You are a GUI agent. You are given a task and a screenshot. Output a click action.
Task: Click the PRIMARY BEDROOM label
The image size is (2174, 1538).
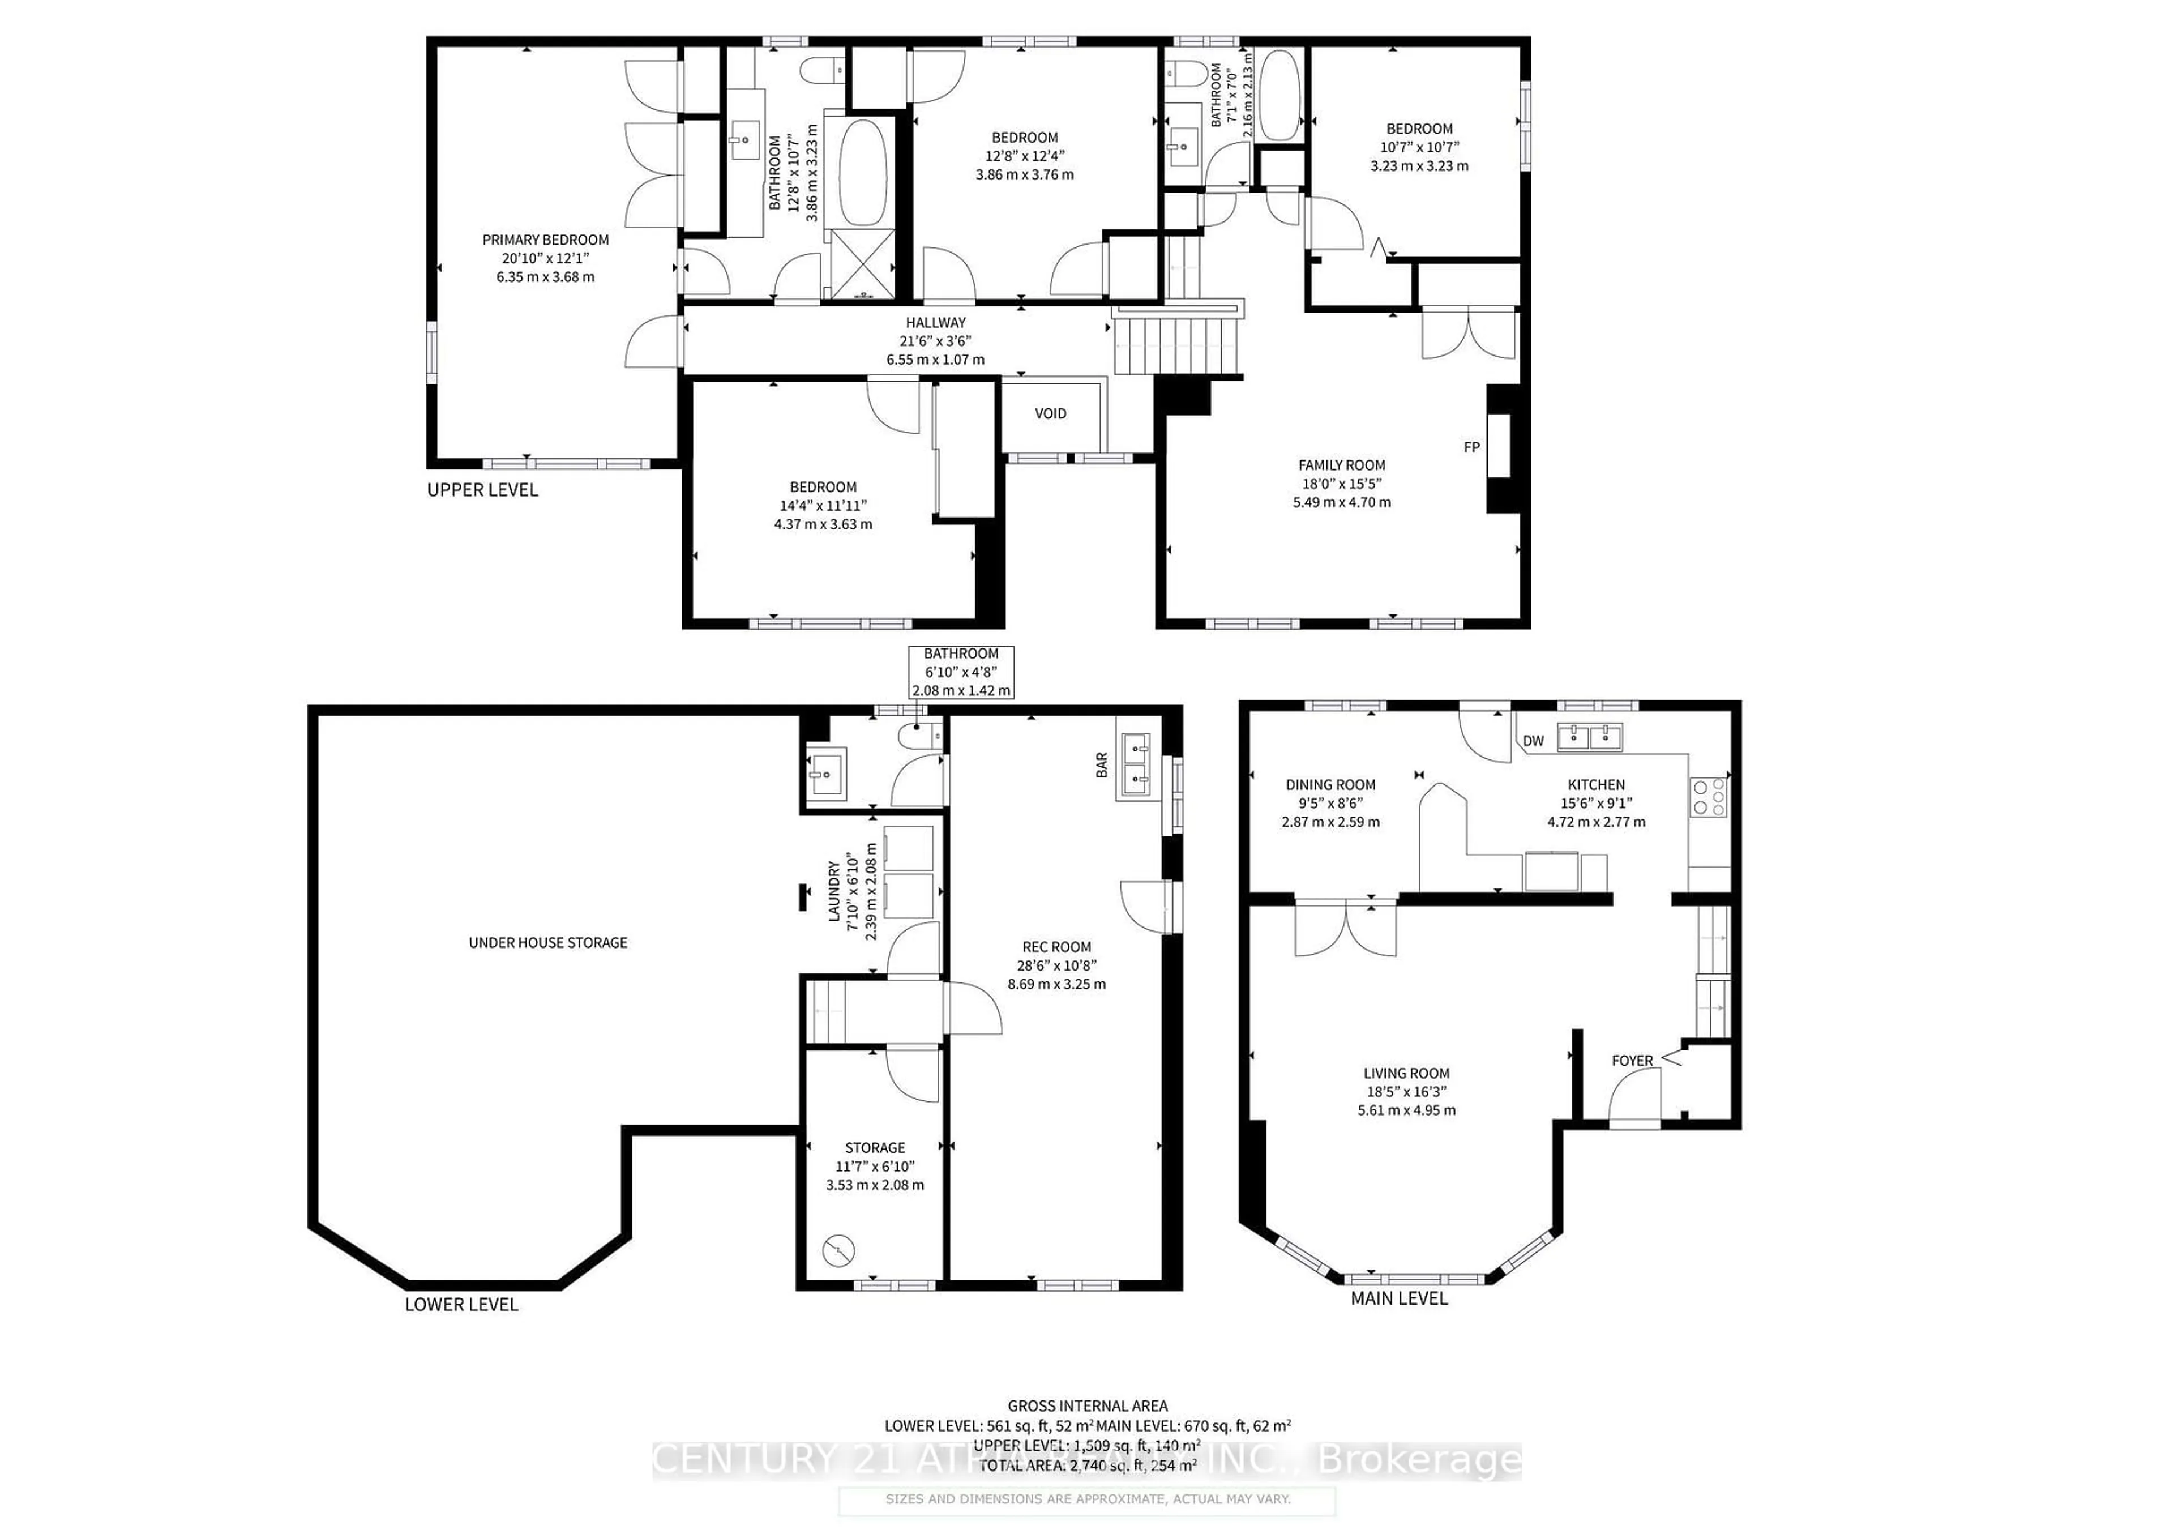tap(545, 240)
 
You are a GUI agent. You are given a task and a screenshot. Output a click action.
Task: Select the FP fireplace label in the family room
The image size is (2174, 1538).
tap(1471, 447)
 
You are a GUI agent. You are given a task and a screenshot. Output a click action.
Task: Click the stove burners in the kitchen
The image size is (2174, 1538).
tap(1709, 796)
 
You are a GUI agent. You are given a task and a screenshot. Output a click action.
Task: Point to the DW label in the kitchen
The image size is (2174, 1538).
tap(1533, 741)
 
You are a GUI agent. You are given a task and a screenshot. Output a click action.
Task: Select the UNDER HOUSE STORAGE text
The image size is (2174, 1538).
tap(547, 942)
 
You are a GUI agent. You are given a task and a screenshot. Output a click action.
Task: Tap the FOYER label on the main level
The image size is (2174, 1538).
tap(1632, 1061)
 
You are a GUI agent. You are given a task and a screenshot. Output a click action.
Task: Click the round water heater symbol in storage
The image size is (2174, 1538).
tap(838, 1251)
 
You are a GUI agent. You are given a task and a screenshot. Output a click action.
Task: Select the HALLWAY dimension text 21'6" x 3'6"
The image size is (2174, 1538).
tap(935, 341)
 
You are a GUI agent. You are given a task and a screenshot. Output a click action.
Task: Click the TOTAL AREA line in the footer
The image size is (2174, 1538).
tap(1087, 1465)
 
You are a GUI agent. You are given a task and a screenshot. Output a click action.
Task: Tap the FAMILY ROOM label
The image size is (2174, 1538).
tap(1341, 465)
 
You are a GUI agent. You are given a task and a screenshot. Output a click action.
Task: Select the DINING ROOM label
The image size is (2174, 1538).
tap(1330, 784)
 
